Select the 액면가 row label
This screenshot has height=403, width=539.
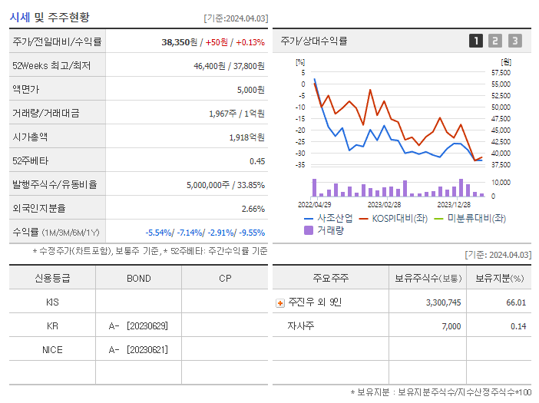[27, 90]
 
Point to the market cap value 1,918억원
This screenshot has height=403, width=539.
[246, 137]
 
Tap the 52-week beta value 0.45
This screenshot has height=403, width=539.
[256, 161]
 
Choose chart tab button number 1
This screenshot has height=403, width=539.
[476, 41]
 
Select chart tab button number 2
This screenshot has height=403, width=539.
[495, 41]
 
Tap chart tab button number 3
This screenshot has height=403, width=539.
[514, 41]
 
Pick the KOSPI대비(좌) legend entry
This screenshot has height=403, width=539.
[394, 218]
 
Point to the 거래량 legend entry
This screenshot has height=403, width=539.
[326, 230]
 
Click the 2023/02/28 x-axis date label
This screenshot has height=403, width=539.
[384, 205]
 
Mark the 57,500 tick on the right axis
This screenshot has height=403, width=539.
[501, 73]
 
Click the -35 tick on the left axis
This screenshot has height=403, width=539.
[300, 165]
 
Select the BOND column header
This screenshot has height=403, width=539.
[138, 278]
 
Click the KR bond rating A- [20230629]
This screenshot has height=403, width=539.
[138, 326]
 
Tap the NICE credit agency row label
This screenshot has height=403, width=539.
[52, 350]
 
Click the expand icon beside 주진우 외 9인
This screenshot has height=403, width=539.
[279, 302]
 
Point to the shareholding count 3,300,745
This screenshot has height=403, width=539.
[443, 302]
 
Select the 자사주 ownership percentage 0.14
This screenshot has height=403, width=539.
[518, 326]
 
